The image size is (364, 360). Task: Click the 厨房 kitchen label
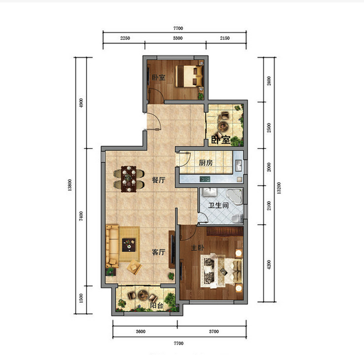click(206, 163)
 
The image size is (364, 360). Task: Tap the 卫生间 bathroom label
click(218, 205)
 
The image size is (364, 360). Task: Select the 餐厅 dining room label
click(159, 180)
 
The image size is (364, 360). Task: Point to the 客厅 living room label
click(159, 252)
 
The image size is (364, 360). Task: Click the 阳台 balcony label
click(157, 305)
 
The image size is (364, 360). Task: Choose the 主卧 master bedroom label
click(197, 248)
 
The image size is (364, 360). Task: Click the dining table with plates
click(129, 179)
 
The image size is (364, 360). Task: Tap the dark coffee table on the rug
click(129, 245)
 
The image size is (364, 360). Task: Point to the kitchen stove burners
click(205, 179)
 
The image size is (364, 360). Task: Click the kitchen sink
click(238, 165)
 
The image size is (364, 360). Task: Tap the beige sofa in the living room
click(112, 246)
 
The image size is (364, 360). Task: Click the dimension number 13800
click(70, 185)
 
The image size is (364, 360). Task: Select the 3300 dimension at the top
click(177, 38)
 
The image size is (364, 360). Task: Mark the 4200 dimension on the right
click(269, 264)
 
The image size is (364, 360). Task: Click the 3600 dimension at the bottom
click(141, 331)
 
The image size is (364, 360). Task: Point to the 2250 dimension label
click(125, 38)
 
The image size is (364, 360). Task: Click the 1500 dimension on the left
click(81, 298)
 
